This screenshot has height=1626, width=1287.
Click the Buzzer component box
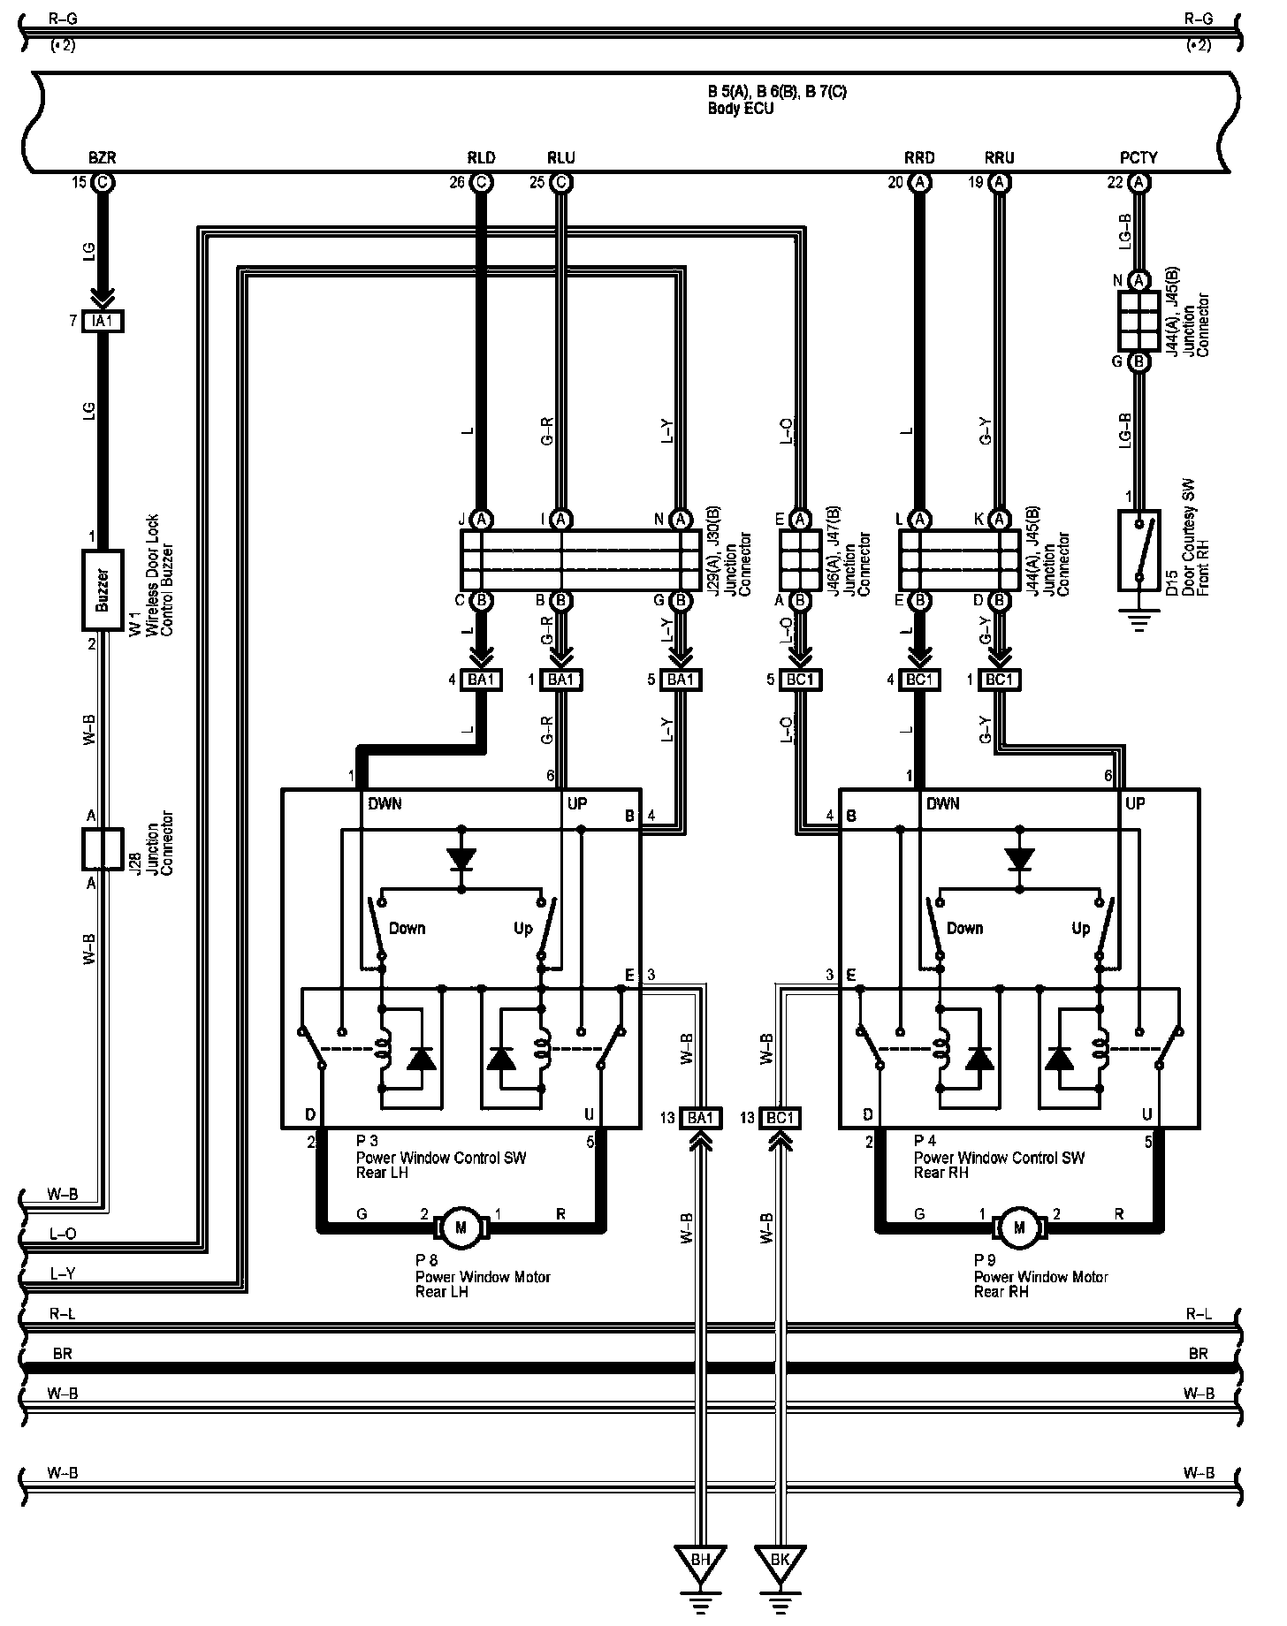click(x=103, y=589)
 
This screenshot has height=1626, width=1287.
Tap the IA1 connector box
click(x=103, y=322)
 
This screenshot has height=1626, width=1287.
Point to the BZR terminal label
click(x=103, y=158)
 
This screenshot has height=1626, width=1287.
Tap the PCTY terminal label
click(x=1138, y=158)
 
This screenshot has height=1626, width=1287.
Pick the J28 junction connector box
click(x=103, y=849)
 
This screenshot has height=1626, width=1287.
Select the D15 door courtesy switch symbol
click(x=1140, y=550)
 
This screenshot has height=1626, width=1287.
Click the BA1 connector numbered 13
click(x=700, y=1118)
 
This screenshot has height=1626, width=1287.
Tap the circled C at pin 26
click(x=482, y=183)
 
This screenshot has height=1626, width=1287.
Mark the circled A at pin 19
click(x=1000, y=183)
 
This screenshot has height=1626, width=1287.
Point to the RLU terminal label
click(x=561, y=158)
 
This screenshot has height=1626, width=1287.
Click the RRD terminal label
click(x=919, y=158)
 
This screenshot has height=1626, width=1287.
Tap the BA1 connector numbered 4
click(x=482, y=680)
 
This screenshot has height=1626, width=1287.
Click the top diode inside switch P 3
click(x=461, y=858)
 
